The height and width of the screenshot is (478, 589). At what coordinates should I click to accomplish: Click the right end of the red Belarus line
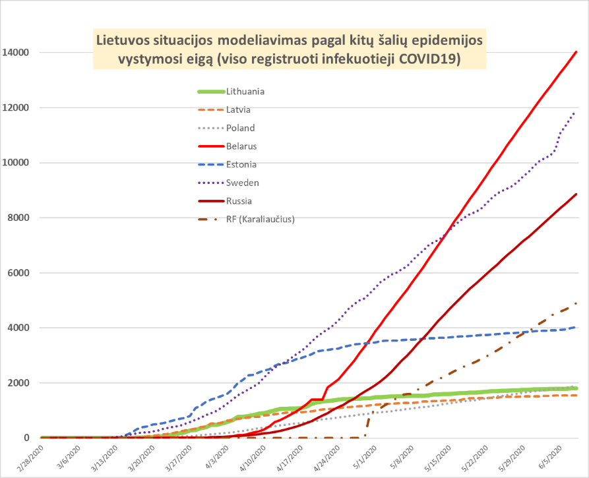pyautogui.click(x=577, y=51)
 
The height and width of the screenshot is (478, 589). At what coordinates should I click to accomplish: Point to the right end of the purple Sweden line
pyautogui.click(x=576, y=111)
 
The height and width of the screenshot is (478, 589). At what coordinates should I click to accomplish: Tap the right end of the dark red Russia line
pyautogui.click(x=577, y=194)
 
